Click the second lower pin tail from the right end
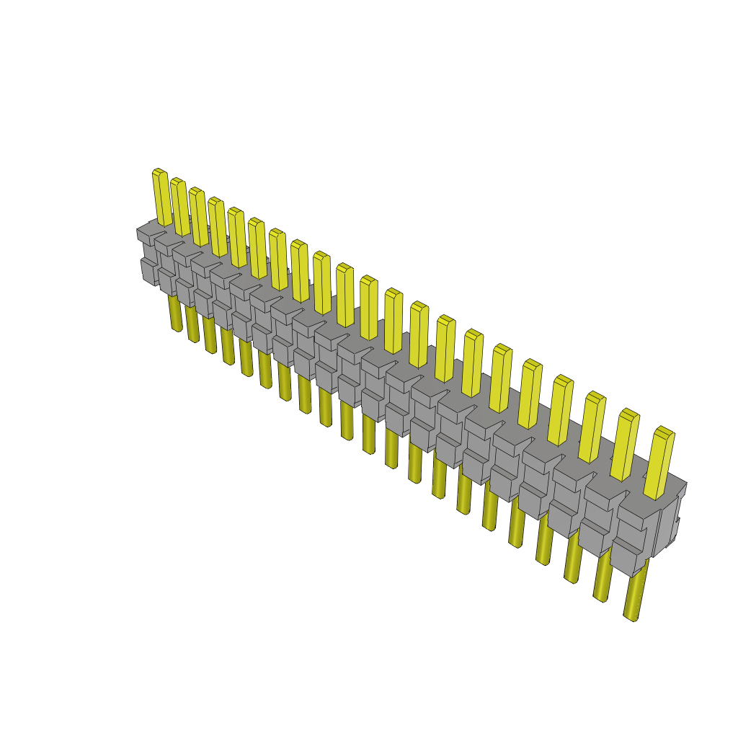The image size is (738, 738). pyautogui.click(x=603, y=577)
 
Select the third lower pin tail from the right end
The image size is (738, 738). pyautogui.click(x=574, y=559)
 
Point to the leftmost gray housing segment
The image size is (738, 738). pyautogui.click(x=148, y=256)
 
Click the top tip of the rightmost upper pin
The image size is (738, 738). pyautogui.click(x=664, y=430)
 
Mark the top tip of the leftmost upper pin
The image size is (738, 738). pyautogui.click(x=159, y=172)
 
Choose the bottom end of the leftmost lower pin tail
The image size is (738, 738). pyautogui.click(x=177, y=328)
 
